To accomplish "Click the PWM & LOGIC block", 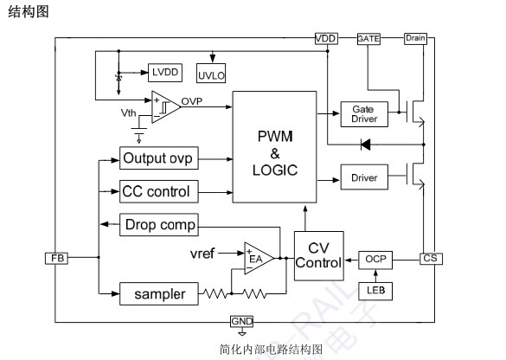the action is point(274,147).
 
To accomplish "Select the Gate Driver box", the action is point(364,114).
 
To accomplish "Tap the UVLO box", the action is point(211,74).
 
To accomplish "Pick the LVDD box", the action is point(165,73).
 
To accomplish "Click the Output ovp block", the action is point(159,158).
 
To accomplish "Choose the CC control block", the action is point(159,191).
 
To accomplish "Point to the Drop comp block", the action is point(159,225).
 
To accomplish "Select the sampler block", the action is point(159,294).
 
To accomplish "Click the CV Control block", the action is point(319,256).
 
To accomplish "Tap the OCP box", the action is point(375,260).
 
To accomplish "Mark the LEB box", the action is point(375,292).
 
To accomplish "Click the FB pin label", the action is point(57,258).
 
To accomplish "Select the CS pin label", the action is point(431,259).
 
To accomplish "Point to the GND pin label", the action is point(241,322).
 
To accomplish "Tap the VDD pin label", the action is point(326,39).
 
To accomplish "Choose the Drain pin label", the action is point(416,38).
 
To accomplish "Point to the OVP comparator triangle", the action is point(166,106).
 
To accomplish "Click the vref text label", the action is point(202,254).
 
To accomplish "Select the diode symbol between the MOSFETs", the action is point(365,145).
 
